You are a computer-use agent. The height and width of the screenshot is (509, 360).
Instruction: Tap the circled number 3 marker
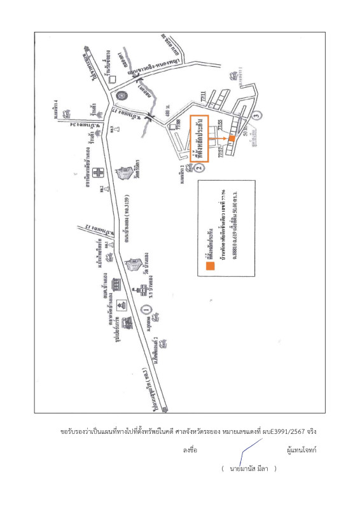pos(256,115)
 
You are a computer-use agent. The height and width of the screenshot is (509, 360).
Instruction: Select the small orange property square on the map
pos(232,138)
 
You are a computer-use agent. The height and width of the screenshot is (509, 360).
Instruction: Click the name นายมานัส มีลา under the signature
pos(249,469)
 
